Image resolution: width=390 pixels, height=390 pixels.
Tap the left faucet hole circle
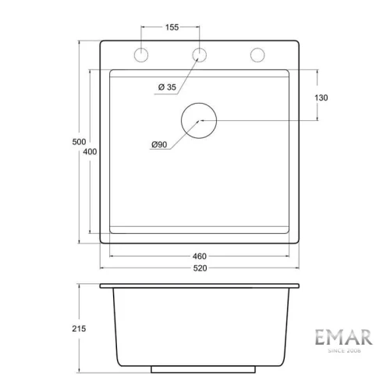coord(142,55)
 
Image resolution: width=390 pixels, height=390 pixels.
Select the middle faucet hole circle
coord(200,55)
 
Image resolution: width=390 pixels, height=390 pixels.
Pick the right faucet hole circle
coord(257,55)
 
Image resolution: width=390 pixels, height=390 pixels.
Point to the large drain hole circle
coord(200,120)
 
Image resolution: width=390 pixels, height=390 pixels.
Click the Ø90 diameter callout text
coord(161,145)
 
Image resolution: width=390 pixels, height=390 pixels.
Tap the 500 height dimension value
coord(77,141)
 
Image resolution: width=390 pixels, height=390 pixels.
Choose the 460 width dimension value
coord(200,256)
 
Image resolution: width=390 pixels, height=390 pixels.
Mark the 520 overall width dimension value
coord(200,268)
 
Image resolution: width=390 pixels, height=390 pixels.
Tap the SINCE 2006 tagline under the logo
coord(343,351)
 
